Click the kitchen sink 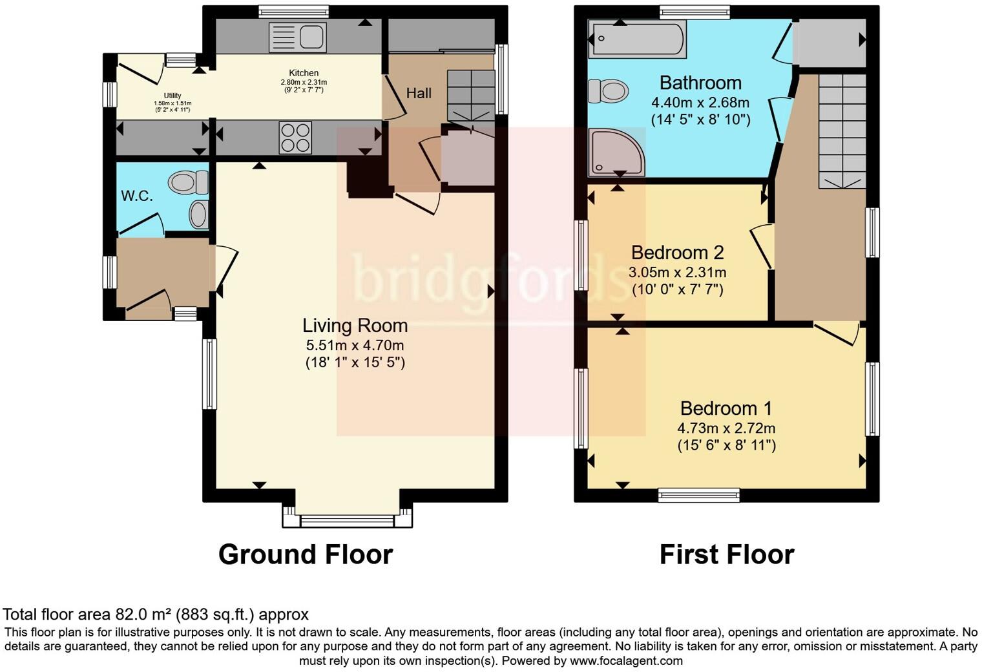point(298,37)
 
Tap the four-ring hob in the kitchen point(295,138)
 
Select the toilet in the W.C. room point(187,182)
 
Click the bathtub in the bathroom point(638,38)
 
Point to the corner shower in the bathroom point(616,152)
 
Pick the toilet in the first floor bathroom point(608,91)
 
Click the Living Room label point(355,326)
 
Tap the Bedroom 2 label point(677,253)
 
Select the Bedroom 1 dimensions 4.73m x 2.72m point(726,428)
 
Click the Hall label point(419,93)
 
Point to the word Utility point(172,96)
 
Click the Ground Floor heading point(306,554)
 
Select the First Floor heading point(727,554)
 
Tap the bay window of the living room point(347,520)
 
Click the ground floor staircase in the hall point(471,95)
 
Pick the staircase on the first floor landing point(842,131)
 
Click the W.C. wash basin point(200,215)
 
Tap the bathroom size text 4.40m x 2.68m point(700,103)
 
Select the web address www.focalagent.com point(626,660)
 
